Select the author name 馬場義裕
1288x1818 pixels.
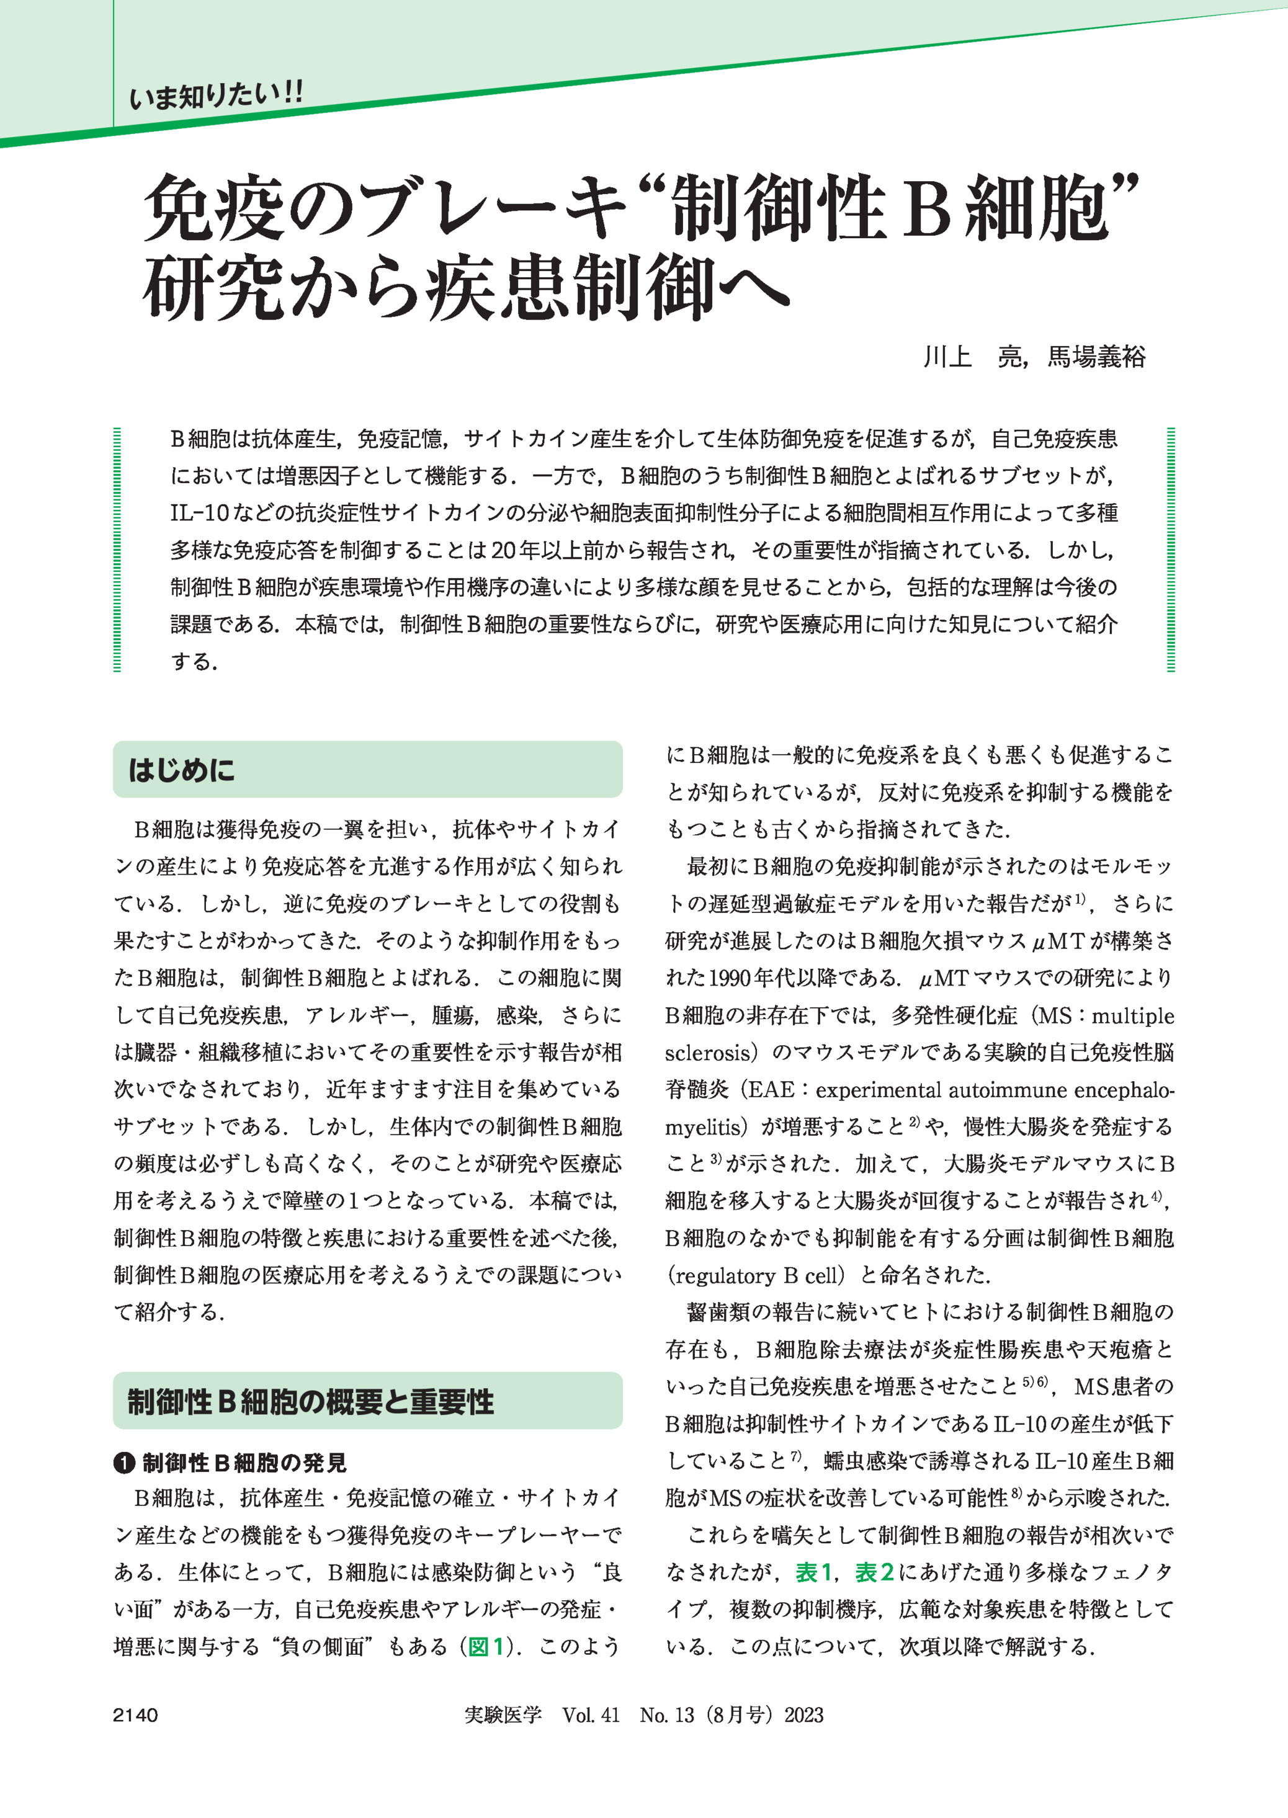click(1097, 357)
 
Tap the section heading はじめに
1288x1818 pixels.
click(182, 770)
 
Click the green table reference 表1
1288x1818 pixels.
click(813, 1572)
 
